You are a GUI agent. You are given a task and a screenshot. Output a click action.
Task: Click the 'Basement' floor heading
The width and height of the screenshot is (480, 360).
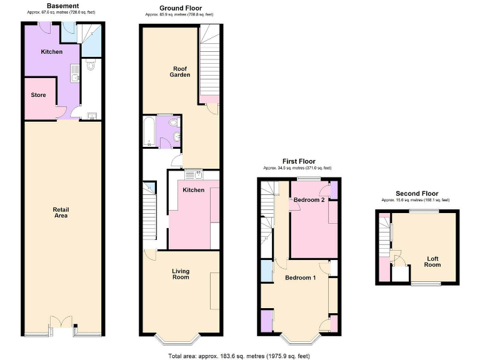click(x=62, y=6)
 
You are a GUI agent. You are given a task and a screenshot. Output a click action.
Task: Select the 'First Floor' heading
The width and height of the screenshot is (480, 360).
click(x=297, y=161)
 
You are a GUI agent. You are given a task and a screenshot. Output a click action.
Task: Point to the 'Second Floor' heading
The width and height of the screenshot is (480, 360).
click(x=417, y=194)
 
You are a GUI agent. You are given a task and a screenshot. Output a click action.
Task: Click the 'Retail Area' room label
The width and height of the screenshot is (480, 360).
click(x=61, y=212)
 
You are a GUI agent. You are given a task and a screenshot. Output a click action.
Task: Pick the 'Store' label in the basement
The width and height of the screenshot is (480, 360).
click(x=38, y=96)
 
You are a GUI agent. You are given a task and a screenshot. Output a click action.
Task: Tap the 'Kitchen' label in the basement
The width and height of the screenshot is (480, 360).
click(x=52, y=52)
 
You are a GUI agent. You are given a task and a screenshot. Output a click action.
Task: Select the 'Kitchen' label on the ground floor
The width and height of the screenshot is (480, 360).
click(x=194, y=190)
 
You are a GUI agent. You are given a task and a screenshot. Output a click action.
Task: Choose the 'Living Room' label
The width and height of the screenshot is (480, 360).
click(x=181, y=274)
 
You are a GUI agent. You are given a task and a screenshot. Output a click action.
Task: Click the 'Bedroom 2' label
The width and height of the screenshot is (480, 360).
click(x=309, y=200)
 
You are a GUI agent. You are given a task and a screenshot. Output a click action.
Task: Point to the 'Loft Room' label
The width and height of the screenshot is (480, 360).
click(x=433, y=261)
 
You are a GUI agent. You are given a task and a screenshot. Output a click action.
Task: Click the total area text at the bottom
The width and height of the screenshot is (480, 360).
click(x=239, y=356)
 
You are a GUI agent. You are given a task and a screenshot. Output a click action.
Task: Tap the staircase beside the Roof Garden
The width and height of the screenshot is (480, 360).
click(x=209, y=62)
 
